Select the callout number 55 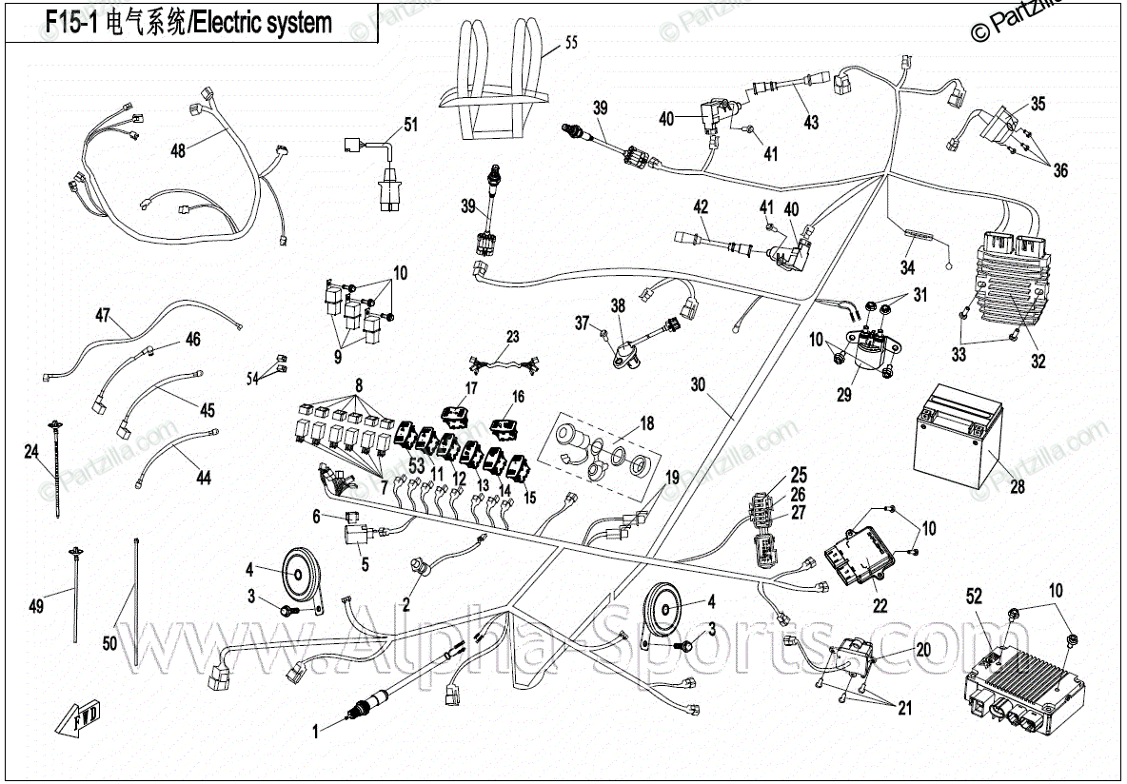tap(571, 43)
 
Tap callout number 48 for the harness tap(178, 149)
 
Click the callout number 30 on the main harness tap(699, 385)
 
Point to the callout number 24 tap(31, 451)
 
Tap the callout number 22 tap(880, 602)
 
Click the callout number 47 tap(103, 314)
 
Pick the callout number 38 tap(619, 306)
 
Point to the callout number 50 tap(109, 644)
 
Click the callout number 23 tap(513, 337)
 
